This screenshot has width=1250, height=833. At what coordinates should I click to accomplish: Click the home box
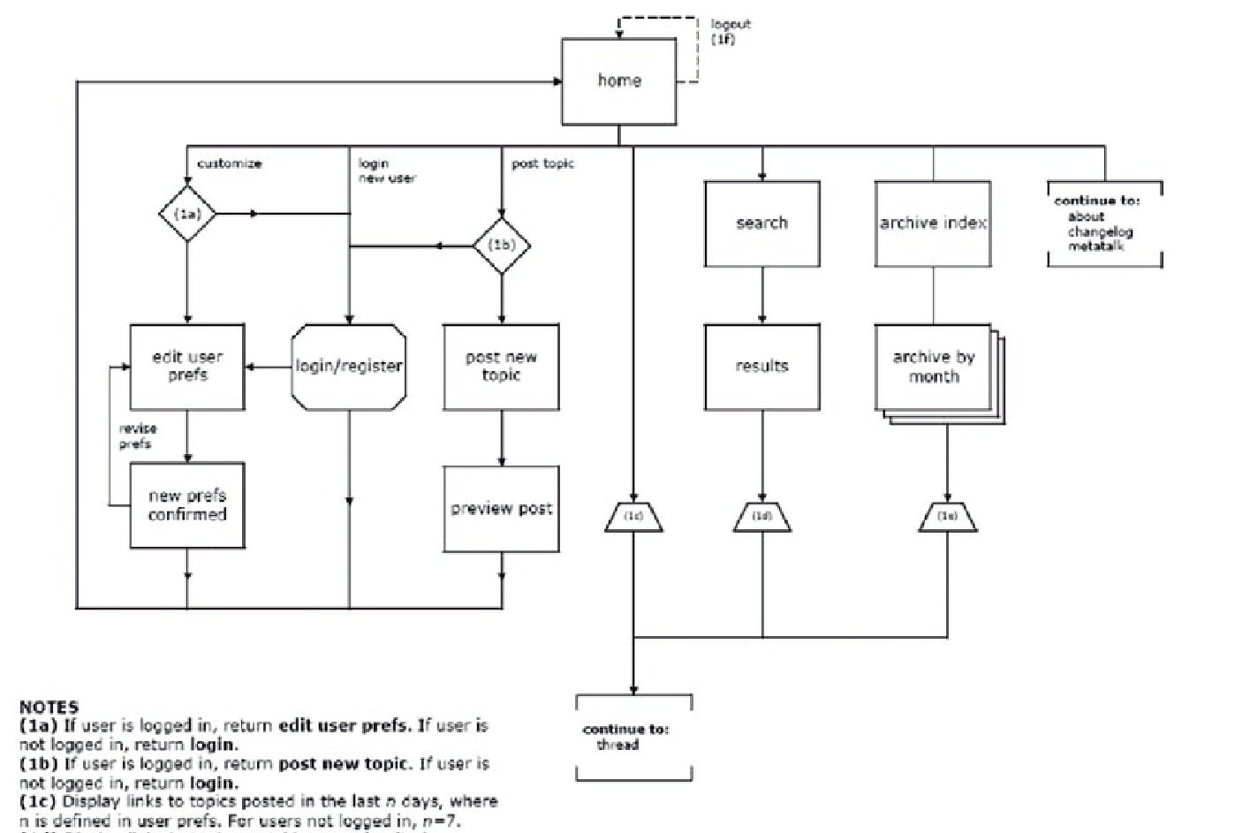tap(618, 81)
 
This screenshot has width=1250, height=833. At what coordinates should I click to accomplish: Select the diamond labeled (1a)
tap(187, 214)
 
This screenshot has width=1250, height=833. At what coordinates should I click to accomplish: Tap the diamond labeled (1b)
tap(502, 245)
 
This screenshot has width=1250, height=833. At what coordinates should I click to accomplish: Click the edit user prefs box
tap(187, 367)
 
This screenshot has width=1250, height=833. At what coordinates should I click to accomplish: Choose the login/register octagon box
tap(349, 367)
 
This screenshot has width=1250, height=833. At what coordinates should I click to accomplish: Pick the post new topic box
tap(501, 367)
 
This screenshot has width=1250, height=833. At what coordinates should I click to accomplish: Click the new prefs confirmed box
tap(187, 505)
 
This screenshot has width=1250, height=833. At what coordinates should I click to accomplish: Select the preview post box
tap(501, 509)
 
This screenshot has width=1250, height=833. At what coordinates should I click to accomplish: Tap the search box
tap(761, 223)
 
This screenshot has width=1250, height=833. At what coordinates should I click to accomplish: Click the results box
tap(761, 367)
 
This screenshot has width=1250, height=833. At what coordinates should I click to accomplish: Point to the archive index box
tap(933, 223)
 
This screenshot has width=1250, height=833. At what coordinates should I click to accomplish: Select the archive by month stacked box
tap(934, 367)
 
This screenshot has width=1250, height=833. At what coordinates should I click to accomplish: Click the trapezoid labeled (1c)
tap(633, 517)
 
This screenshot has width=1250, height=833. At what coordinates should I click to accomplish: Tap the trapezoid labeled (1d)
tap(761, 517)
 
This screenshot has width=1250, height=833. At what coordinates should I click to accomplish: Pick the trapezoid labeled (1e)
tap(947, 517)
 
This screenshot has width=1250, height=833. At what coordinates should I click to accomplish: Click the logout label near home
tap(730, 25)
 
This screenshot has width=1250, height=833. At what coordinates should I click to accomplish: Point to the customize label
tap(229, 163)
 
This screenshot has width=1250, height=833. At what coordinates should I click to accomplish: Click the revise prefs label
tap(138, 436)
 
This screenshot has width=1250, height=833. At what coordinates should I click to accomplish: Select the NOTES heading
tap(49, 707)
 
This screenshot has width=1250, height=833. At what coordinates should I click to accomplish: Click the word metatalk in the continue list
tap(1095, 247)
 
